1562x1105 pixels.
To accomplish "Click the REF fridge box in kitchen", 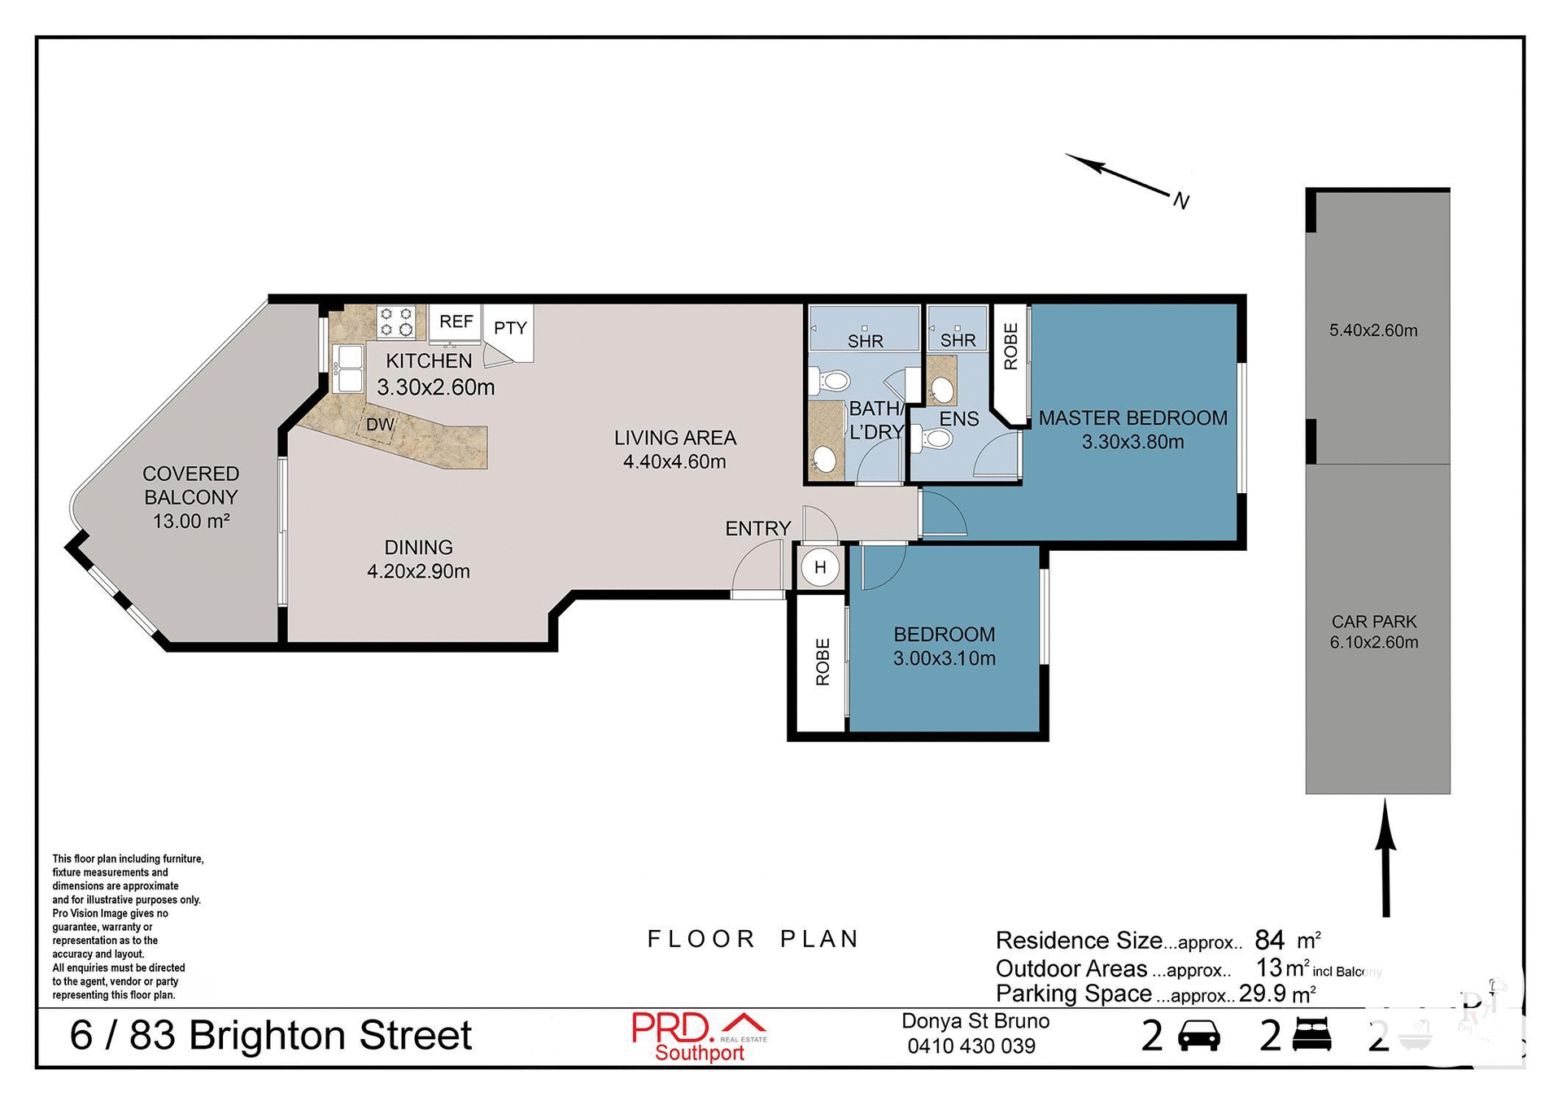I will [456, 322].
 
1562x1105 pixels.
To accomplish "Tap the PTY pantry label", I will [510, 328].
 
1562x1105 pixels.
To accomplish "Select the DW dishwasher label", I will [380, 425].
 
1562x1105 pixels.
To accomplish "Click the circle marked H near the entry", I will [820, 567].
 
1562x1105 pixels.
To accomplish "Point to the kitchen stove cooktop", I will [397, 321].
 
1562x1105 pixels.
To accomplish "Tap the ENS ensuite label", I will [959, 419].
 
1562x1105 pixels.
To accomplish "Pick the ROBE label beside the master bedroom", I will [1010, 347].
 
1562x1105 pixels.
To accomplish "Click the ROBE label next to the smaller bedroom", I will [822, 662].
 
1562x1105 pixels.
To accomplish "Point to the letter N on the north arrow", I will [1181, 201].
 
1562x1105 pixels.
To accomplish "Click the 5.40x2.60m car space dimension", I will [1373, 330].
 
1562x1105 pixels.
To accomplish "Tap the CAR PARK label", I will [1374, 622].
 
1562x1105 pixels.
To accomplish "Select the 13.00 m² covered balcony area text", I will [191, 521].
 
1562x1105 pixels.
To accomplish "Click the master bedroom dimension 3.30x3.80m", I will [1132, 442].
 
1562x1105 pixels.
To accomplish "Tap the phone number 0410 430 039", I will [971, 1046].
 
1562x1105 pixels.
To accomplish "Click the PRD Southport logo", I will [700, 1037].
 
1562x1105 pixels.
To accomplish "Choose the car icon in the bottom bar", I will [1198, 1037].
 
